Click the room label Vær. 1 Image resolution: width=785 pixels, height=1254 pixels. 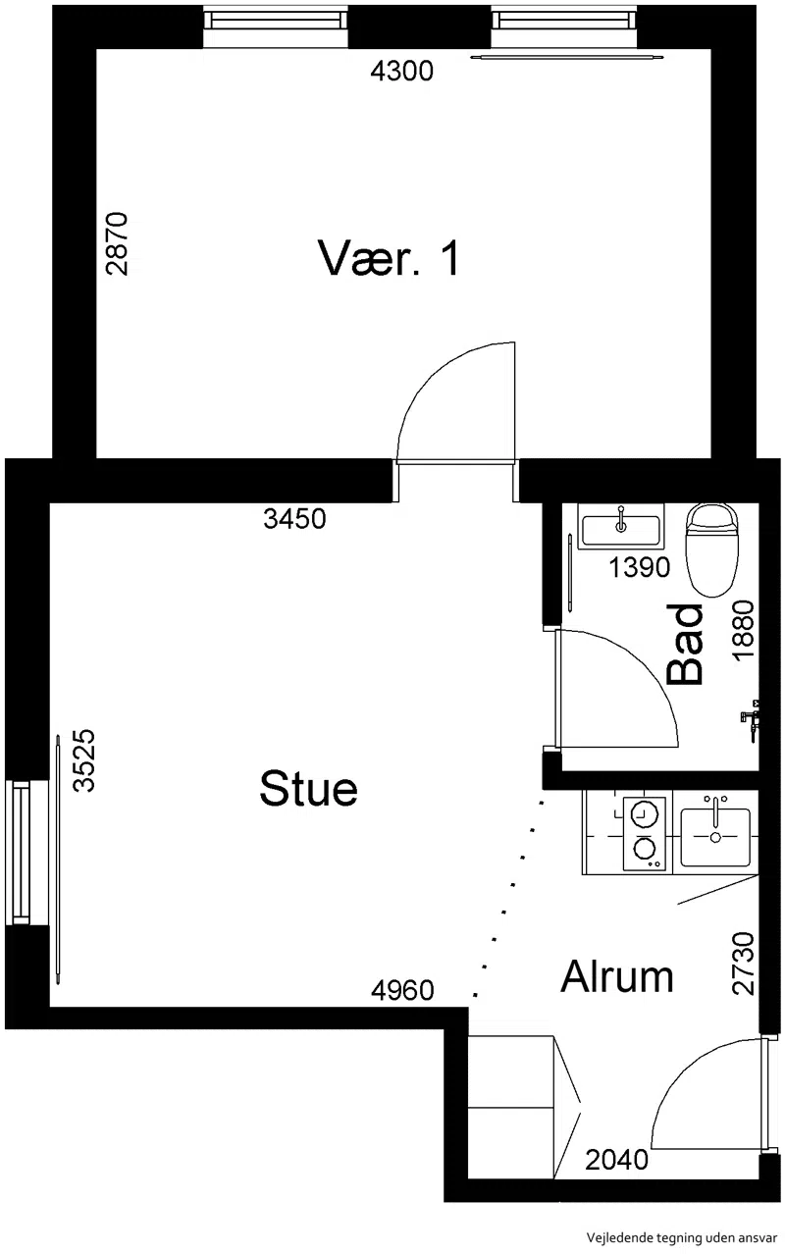389,258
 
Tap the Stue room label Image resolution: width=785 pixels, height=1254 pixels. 308,788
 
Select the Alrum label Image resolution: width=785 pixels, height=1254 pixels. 616,976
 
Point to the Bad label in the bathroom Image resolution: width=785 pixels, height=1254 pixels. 685,644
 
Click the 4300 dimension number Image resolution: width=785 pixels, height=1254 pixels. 402,71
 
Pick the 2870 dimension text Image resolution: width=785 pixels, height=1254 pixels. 117,243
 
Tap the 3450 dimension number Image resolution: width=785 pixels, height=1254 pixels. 294,519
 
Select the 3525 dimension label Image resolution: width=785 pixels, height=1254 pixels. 84,760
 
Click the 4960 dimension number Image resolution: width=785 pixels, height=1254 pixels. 402,990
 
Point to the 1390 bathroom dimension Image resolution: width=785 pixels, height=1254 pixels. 640,568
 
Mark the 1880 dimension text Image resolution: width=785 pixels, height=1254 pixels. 744,630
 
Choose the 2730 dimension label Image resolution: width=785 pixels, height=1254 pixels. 744,964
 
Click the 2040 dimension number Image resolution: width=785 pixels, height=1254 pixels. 616,1159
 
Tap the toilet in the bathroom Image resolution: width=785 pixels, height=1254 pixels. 711,549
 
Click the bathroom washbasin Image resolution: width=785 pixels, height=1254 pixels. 620,526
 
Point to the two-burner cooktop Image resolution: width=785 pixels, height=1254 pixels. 645,834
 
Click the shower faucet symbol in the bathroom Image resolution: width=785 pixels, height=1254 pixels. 751,720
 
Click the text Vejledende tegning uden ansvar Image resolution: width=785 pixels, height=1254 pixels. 681,1237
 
